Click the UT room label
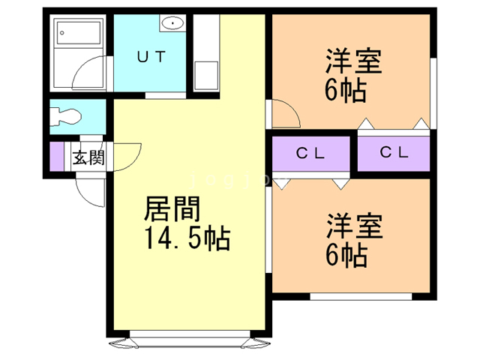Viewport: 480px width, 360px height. [x=151, y=56]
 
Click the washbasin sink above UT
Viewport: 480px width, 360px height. [x=172, y=23]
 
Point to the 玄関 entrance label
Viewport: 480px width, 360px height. [x=88, y=157]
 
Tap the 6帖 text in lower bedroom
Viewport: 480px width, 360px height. [x=346, y=256]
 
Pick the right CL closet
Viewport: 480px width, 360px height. [x=394, y=153]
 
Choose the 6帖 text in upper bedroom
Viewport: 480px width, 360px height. [x=346, y=91]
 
